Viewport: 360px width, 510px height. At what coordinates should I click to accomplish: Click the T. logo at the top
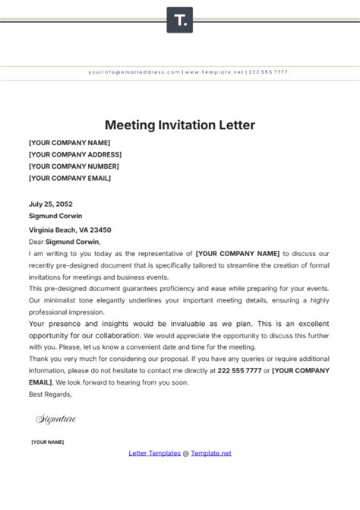(x=180, y=20)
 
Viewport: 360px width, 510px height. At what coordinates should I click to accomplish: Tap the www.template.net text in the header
(x=214, y=72)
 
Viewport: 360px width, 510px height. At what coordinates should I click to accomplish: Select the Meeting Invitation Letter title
(x=179, y=124)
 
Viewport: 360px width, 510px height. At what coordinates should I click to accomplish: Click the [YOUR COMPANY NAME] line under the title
(x=69, y=142)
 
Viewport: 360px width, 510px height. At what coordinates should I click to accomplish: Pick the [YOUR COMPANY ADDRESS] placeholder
(x=75, y=154)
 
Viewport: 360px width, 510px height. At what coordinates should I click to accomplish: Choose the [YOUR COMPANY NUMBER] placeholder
(x=74, y=166)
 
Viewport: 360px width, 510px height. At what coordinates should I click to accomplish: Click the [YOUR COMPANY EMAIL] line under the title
(x=69, y=179)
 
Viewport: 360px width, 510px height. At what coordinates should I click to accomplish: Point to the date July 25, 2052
(x=52, y=204)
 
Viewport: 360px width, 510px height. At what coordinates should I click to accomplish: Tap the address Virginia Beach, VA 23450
(x=70, y=230)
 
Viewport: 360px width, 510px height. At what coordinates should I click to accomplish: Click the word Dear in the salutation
(x=36, y=241)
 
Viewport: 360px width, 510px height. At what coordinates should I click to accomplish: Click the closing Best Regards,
(x=50, y=394)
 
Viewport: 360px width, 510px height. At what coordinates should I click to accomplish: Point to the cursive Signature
(x=56, y=418)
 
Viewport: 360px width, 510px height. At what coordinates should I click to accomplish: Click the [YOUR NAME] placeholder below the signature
(x=48, y=442)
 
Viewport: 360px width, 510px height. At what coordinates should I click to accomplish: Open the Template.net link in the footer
(x=211, y=453)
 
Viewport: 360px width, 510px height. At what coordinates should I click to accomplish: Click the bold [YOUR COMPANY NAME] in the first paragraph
(x=238, y=253)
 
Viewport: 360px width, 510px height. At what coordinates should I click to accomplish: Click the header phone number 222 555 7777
(x=268, y=72)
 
